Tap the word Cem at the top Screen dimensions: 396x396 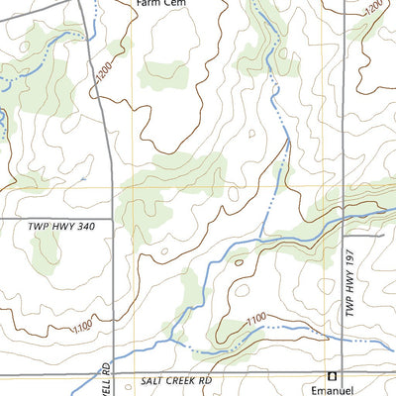click(x=176, y=3)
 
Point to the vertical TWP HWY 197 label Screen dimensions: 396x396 click(x=349, y=283)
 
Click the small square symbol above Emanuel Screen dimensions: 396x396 click(x=333, y=375)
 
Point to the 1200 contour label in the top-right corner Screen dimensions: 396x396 click(x=373, y=9)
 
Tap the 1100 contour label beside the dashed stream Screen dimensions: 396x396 click(x=255, y=319)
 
